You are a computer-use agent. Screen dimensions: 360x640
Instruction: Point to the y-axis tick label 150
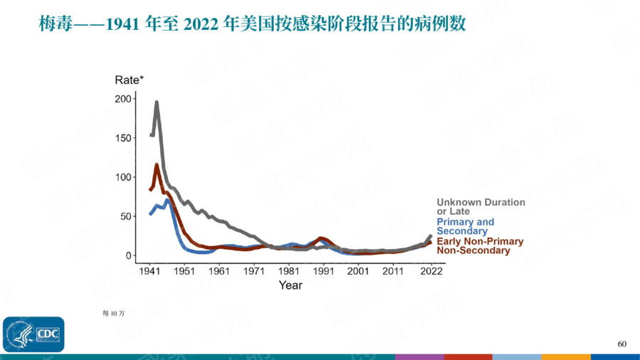(x=123, y=138)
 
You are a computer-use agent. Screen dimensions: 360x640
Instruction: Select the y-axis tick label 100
(x=123, y=177)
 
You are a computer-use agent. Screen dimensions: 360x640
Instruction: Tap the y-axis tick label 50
(x=125, y=216)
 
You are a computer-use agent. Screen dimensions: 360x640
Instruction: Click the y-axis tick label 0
(x=129, y=255)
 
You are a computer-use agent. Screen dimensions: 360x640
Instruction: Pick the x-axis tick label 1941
(x=149, y=272)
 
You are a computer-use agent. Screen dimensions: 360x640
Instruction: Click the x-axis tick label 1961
(x=219, y=272)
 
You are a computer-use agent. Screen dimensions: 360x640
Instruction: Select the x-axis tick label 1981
(x=289, y=272)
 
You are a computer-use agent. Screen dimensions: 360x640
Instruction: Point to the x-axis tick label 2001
(x=358, y=272)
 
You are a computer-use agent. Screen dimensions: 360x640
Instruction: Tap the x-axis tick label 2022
(x=431, y=272)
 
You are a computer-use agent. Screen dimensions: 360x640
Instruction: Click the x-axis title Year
(x=290, y=285)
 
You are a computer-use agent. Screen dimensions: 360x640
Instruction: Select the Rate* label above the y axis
(x=129, y=80)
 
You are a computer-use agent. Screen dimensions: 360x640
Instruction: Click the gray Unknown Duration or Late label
(x=480, y=207)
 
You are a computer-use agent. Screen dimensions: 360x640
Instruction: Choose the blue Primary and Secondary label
(x=465, y=227)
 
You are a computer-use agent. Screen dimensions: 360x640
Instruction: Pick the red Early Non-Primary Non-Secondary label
(x=479, y=246)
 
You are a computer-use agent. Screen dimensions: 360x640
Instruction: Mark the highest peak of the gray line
(x=156, y=102)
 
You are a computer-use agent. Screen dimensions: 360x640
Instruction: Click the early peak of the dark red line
(x=156, y=165)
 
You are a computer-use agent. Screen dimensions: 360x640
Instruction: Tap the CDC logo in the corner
(x=33, y=334)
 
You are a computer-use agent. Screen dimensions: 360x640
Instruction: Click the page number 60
(x=622, y=344)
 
